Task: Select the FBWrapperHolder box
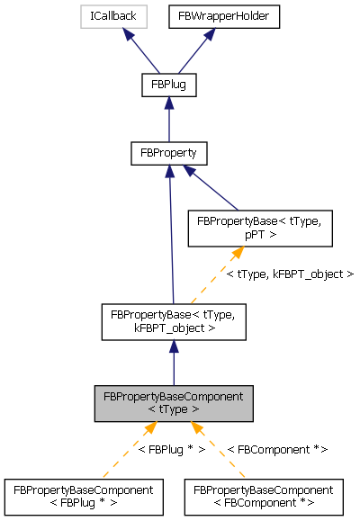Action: tap(210, 15)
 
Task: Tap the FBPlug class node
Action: tap(169, 85)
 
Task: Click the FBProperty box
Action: tap(169, 153)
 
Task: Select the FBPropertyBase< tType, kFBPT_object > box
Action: tap(173, 320)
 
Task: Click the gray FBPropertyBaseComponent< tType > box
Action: tap(174, 403)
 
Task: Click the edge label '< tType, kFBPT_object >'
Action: tap(290, 274)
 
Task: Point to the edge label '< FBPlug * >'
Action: tap(170, 448)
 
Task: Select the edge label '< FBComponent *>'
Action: tap(277, 448)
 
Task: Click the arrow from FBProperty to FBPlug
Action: tap(169, 119)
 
